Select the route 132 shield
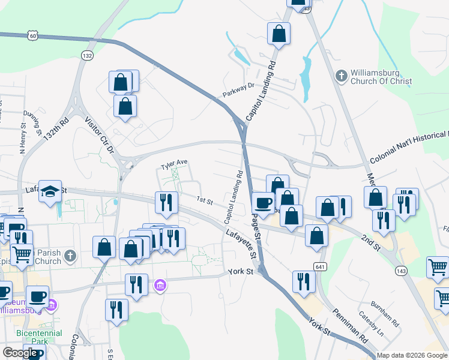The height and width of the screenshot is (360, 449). [87, 55]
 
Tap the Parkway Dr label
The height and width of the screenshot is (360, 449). [239, 90]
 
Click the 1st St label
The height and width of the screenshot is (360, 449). [205, 201]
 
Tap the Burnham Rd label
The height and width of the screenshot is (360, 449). [385, 313]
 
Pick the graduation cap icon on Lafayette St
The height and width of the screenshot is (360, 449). [51, 191]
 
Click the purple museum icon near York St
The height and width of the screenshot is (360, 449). [160, 284]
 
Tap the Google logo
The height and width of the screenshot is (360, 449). [20, 353]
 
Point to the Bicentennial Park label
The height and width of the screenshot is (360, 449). [31, 337]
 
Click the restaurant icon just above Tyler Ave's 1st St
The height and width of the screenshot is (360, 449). [166, 202]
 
